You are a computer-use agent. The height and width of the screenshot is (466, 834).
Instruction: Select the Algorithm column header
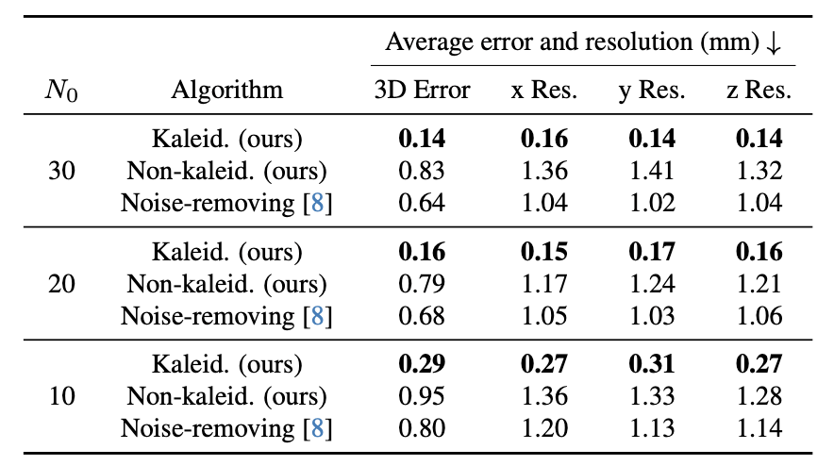click(226, 91)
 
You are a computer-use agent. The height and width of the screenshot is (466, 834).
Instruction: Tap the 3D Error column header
click(422, 91)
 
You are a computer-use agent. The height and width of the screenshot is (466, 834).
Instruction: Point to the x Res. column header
click(544, 91)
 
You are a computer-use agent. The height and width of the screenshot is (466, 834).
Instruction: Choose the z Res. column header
click(759, 91)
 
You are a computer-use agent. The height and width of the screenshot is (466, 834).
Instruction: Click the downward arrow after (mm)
click(775, 42)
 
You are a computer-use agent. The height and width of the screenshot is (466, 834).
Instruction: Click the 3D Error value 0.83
click(422, 172)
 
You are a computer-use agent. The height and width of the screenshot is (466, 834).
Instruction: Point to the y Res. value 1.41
click(652, 172)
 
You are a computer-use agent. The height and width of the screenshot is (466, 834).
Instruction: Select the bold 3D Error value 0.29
click(422, 364)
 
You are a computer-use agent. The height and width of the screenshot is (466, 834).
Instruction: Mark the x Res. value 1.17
click(544, 284)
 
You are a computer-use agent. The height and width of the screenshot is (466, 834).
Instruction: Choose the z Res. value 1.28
click(759, 396)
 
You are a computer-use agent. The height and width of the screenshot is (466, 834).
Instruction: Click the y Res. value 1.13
click(652, 428)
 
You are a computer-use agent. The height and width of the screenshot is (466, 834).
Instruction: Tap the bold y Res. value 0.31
click(652, 364)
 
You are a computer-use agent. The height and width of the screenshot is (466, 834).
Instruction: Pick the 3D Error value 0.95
click(422, 396)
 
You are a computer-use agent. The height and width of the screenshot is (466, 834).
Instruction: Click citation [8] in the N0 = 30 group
click(317, 204)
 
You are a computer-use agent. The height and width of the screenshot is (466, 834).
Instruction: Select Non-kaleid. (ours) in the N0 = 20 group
click(226, 284)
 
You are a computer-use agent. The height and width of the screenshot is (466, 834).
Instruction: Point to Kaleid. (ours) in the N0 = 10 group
click(226, 364)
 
